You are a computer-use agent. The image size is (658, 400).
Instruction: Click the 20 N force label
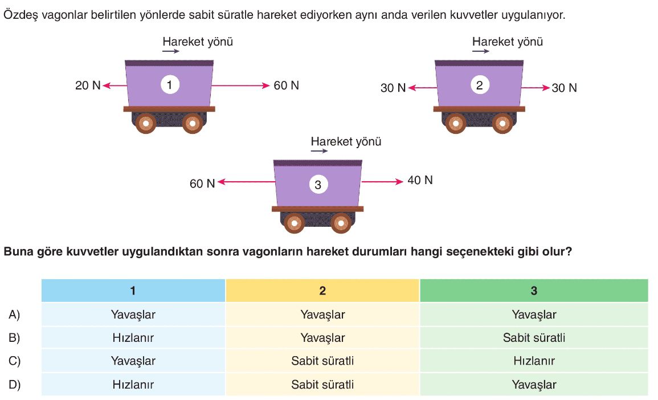(x=87, y=86)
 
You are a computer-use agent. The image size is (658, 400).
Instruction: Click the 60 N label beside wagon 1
(x=286, y=86)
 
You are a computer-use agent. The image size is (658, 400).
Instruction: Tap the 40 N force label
(x=420, y=181)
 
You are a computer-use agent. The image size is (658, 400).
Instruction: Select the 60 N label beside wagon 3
(x=202, y=183)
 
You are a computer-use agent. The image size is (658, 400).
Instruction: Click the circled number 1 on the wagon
(x=169, y=85)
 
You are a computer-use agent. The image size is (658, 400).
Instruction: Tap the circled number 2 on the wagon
(x=479, y=85)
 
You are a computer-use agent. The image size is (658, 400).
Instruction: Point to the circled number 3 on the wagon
(x=318, y=184)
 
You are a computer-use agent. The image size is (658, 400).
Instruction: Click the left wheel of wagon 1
(x=146, y=123)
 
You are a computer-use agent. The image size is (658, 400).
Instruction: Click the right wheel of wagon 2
(x=502, y=123)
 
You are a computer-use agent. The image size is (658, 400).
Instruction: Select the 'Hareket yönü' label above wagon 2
(x=507, y=42)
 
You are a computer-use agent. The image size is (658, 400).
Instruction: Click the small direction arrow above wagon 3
(x=319, y=151)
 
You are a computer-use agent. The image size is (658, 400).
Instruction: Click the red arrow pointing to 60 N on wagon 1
(x=239, y=86)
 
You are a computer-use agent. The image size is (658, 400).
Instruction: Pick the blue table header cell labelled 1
(x=133, y=291)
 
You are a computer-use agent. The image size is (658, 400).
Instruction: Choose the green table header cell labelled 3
(x=534, y=291)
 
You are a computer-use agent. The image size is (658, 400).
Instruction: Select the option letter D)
(x=14, y=385)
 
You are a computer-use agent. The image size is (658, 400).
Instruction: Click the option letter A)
(x=14, y=315)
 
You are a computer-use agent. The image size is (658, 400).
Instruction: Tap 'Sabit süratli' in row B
(x=534, y=338)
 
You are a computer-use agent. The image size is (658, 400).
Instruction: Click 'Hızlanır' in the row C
(x=534, y=361)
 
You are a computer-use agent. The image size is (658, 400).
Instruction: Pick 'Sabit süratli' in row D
(x=322, y=385)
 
